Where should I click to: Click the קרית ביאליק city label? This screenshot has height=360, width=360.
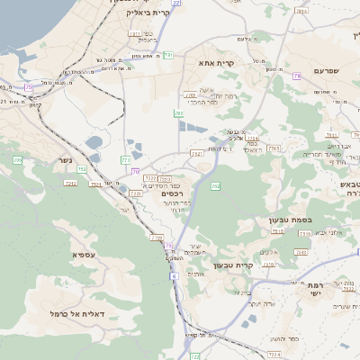click(148, 13)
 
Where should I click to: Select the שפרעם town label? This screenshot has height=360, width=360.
click(328, 70)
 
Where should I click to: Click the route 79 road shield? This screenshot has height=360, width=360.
click(297, 76)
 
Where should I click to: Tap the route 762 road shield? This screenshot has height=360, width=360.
click(216, 186)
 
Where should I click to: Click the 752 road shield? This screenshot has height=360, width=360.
click(82, 168)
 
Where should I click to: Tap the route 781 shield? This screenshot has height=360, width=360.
click(179, 114)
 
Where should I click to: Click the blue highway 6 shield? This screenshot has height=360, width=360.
click(171, 276)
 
